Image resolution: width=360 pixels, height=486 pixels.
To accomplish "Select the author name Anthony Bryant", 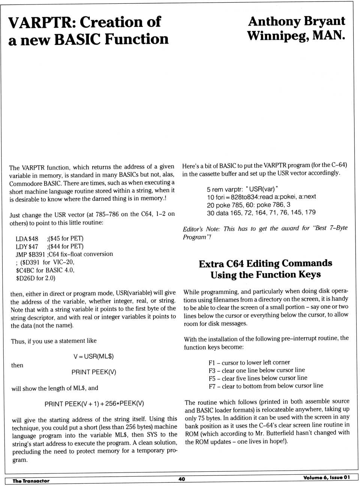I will pos(296,21).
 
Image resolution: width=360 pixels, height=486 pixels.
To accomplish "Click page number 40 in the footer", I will pos(182,479).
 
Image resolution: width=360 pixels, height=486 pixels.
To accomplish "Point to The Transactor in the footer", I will pos(31,481).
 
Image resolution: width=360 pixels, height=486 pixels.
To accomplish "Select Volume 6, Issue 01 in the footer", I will pos(326,477).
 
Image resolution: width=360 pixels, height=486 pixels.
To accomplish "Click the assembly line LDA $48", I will pos(27,239).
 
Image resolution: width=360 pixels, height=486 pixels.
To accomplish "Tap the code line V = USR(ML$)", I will pos(93,356).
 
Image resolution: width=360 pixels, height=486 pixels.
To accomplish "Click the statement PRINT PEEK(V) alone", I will pos(94,372).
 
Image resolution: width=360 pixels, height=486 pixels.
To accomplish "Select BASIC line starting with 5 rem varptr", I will pos(242,189).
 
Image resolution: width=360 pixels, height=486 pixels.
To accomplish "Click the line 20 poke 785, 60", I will pos(248,205).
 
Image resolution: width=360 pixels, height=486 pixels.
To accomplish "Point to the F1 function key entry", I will pos(249,362).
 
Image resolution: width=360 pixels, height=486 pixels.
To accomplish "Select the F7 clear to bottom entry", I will pos(265,386).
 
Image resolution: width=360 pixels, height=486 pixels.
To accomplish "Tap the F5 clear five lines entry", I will pos(258,378).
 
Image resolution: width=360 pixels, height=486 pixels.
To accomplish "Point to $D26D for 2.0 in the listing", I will pos(36,278).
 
